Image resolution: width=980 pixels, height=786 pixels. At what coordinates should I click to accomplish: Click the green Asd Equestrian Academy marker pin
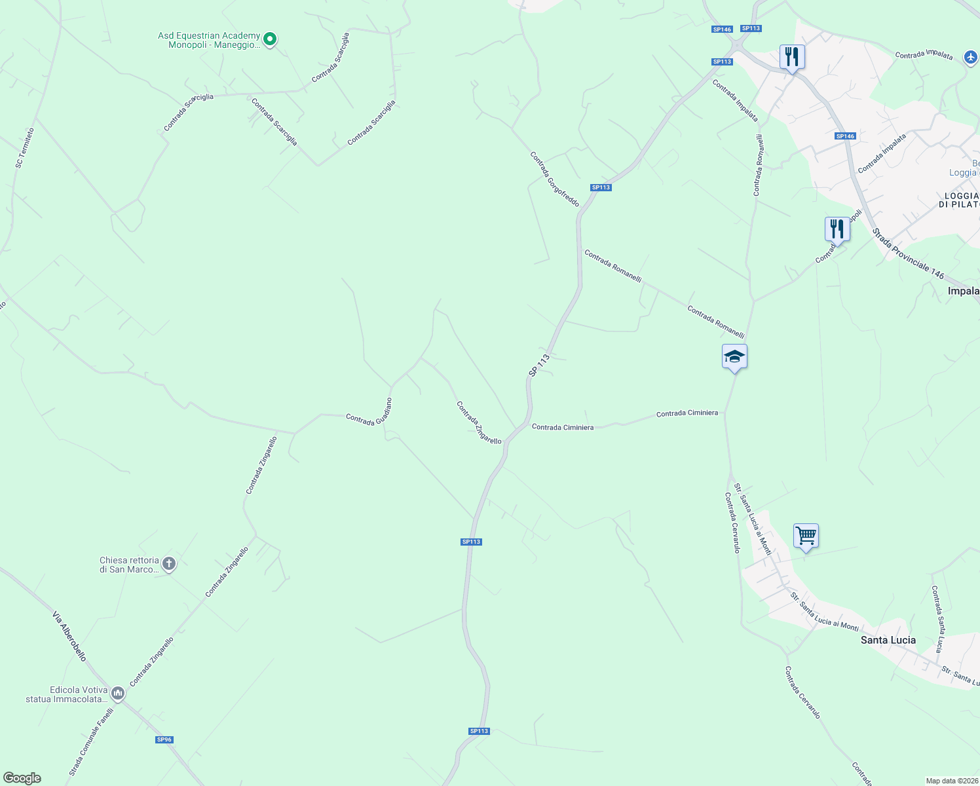(x=269, y=39)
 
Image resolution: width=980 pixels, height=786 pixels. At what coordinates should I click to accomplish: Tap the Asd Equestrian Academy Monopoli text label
(x=209, y=41)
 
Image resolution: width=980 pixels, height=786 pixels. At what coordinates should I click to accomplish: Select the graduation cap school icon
(x=734, y=357)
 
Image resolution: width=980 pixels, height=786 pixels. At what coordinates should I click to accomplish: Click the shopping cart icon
(x=806, y=536)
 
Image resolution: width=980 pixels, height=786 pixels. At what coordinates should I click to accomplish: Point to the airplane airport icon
(x=971, y=58)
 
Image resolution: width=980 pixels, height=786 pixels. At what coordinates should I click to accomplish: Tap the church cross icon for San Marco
(x=168, y=563)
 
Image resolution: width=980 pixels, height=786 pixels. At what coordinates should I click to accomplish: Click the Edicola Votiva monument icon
(x=118, y=692)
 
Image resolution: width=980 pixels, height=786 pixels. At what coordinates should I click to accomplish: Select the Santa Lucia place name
(x=888, y=640)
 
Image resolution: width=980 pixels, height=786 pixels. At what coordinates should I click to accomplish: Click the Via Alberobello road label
(x=69, y=636)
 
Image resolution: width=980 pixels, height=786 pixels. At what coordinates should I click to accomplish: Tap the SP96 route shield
(x=164, y=739)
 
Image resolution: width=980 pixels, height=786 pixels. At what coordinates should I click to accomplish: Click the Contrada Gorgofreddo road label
(x=555, y=179)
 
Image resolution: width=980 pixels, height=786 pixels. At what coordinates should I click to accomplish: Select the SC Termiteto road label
(x=25, y=148)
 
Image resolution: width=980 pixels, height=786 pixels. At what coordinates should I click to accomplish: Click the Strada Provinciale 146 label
(x=908, y=253)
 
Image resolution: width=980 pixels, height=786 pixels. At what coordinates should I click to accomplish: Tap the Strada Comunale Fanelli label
(x=92, y=741)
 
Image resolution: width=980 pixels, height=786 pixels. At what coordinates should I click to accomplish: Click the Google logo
(x=22, y=778)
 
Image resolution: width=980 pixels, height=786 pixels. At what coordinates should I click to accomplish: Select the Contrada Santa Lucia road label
(x=939, y=619)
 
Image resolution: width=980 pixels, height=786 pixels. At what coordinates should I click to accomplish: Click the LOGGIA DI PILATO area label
(x=961, y=200)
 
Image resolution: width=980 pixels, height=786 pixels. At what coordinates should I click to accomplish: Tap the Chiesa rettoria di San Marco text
(x=129, y=565)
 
